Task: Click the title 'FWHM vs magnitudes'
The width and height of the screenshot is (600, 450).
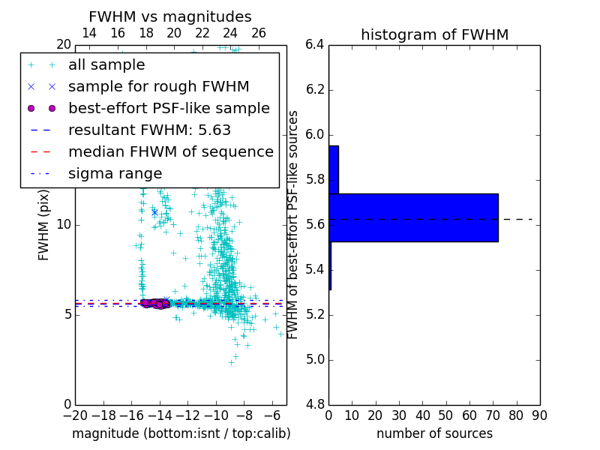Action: point(170,16)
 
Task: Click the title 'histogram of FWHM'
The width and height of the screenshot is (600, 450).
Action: point(434,34)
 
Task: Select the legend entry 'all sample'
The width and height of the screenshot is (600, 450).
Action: point(106,65)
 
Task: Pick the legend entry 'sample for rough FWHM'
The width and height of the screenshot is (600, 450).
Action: point(158,87)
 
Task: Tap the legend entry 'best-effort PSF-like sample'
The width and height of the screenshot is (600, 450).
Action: point(169,109)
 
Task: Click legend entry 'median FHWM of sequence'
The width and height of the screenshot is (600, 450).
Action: point(170,152)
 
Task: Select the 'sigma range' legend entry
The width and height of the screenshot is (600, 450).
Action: point(115,174)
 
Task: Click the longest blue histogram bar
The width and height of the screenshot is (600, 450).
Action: point(413,217)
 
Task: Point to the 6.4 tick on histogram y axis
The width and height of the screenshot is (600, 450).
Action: point(314,45)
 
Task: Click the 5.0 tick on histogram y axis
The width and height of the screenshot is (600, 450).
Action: point(314,360)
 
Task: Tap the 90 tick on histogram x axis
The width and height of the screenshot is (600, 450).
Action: point(539,415)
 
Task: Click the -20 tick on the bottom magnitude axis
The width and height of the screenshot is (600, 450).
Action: point(75,415)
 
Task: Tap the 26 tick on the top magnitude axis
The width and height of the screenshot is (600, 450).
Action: point(259,33)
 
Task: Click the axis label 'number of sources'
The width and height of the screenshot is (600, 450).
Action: point(434,434)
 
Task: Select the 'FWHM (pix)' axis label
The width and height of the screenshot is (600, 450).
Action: point(44,225)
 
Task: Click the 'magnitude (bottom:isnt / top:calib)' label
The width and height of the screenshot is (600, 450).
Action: point(181,434)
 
